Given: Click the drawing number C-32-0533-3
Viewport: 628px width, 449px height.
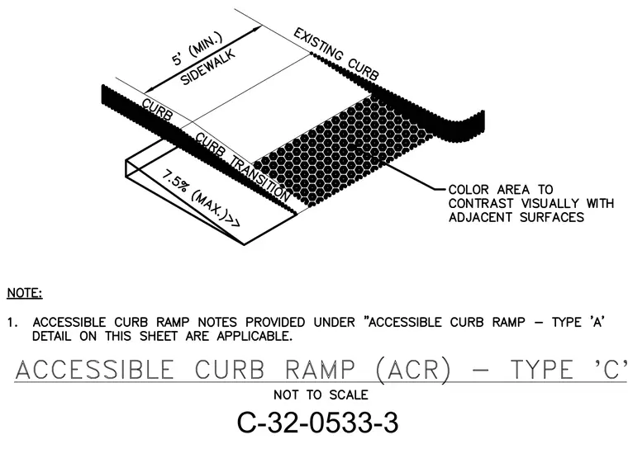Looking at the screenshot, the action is tap(318, 423).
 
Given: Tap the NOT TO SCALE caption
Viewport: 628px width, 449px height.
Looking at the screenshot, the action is tap(321, 395).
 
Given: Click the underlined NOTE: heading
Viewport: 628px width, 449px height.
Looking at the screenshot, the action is tap(25, 293).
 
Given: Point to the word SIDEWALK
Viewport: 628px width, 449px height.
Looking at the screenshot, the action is tap(208, 67).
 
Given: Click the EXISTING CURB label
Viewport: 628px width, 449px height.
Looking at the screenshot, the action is tap(336, 54).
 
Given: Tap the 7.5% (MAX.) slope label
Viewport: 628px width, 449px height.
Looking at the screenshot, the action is tap(201, 198).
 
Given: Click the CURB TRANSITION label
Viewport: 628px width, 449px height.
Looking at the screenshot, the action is tap(243, 168).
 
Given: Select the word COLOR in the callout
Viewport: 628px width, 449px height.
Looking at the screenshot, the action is tap(469, 190).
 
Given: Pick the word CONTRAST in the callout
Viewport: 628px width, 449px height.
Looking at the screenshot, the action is tap(481, 203).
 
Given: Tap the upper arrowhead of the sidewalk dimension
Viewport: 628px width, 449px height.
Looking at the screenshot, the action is tap(258, 30).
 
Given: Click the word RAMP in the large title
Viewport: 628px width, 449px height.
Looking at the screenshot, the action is tap(321, 370).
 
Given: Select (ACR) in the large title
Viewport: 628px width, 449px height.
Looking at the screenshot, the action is tap(414, 370).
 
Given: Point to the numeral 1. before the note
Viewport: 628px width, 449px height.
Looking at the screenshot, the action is tap(12, 322).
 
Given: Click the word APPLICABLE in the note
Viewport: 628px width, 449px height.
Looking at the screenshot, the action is tap(254, 336).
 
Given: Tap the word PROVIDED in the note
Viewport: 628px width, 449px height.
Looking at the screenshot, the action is tap(274, 322).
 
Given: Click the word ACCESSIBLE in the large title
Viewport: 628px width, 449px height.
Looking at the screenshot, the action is tap(94, 370).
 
